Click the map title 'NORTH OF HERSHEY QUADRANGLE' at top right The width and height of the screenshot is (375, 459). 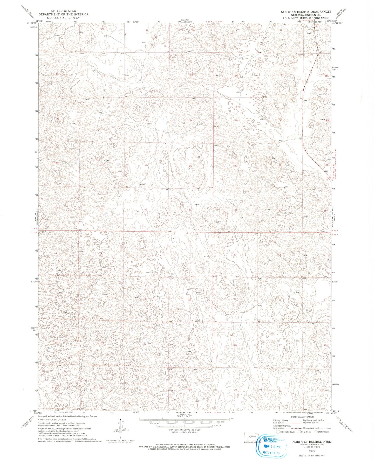306,12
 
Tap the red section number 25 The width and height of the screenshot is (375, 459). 190,166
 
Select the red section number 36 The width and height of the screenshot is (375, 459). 190,210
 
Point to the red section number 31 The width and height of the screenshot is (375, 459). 236,210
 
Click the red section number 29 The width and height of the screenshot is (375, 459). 280,165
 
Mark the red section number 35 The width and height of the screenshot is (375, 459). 146,210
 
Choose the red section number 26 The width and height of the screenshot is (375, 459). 146,165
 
